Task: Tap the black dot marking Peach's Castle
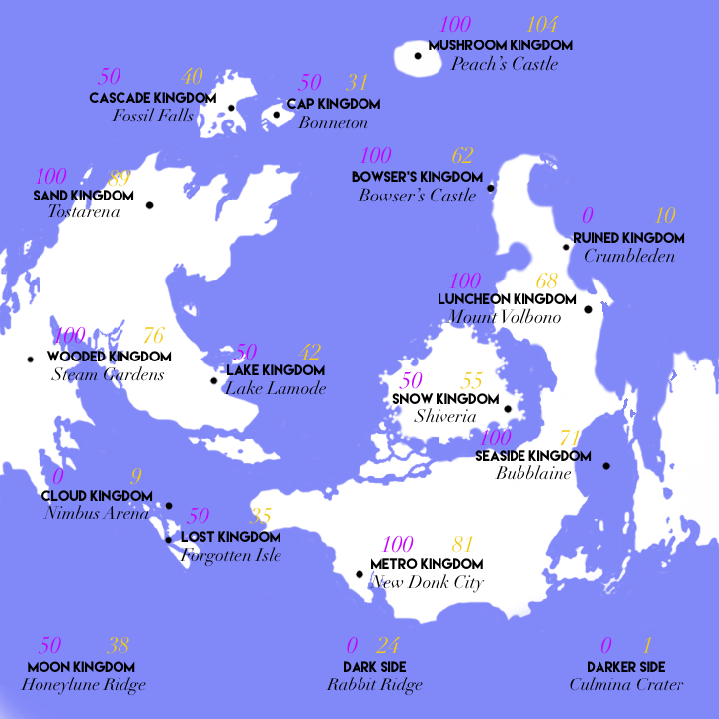point(418,56)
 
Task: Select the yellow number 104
point(543,25)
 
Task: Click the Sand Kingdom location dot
point(150,205)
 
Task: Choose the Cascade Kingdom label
point(152,98)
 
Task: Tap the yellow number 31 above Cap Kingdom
point(357,83)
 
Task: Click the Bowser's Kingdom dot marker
point(491,187)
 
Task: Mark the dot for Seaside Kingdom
point(606,466)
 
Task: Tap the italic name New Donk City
point(427,583)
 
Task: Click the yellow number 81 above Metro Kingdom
point(463,545)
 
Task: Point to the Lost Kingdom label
point(231,537)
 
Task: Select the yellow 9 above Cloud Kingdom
point(136,475)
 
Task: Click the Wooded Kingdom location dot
point(30,359)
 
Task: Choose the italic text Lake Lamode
point(276,389)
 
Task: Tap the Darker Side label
point(625,667)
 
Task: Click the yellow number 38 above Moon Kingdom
point(119,647)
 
